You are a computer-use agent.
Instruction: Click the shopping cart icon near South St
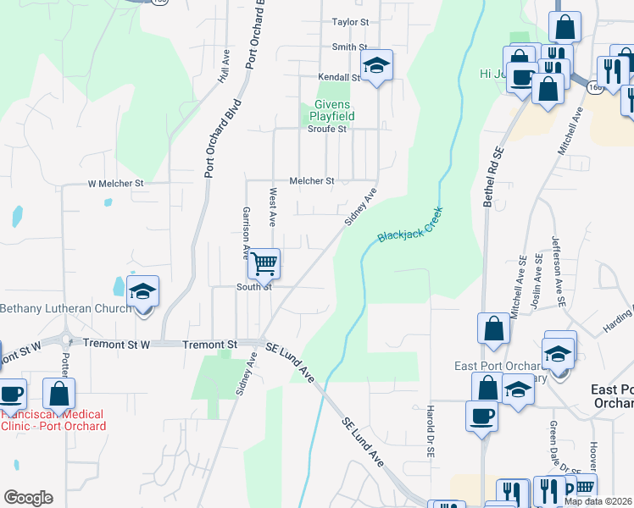[264, 263]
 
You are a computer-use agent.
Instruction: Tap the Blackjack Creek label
[411, 226]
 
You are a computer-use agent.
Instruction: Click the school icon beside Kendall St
[376, 64]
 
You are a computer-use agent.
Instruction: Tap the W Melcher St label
[116, 183]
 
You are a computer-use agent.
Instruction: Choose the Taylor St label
[351, 22]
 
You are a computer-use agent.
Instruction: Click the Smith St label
[349, 47]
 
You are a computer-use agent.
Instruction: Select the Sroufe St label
[326, 130]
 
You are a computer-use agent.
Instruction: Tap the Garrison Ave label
[247, 232]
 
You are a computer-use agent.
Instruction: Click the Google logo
[28, 498]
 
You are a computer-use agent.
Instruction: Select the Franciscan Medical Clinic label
[53, 420]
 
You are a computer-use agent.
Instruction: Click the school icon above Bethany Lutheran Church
[143, 292]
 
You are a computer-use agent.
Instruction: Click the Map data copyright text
[598, 501]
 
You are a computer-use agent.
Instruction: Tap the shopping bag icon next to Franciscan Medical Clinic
[58, 394]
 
